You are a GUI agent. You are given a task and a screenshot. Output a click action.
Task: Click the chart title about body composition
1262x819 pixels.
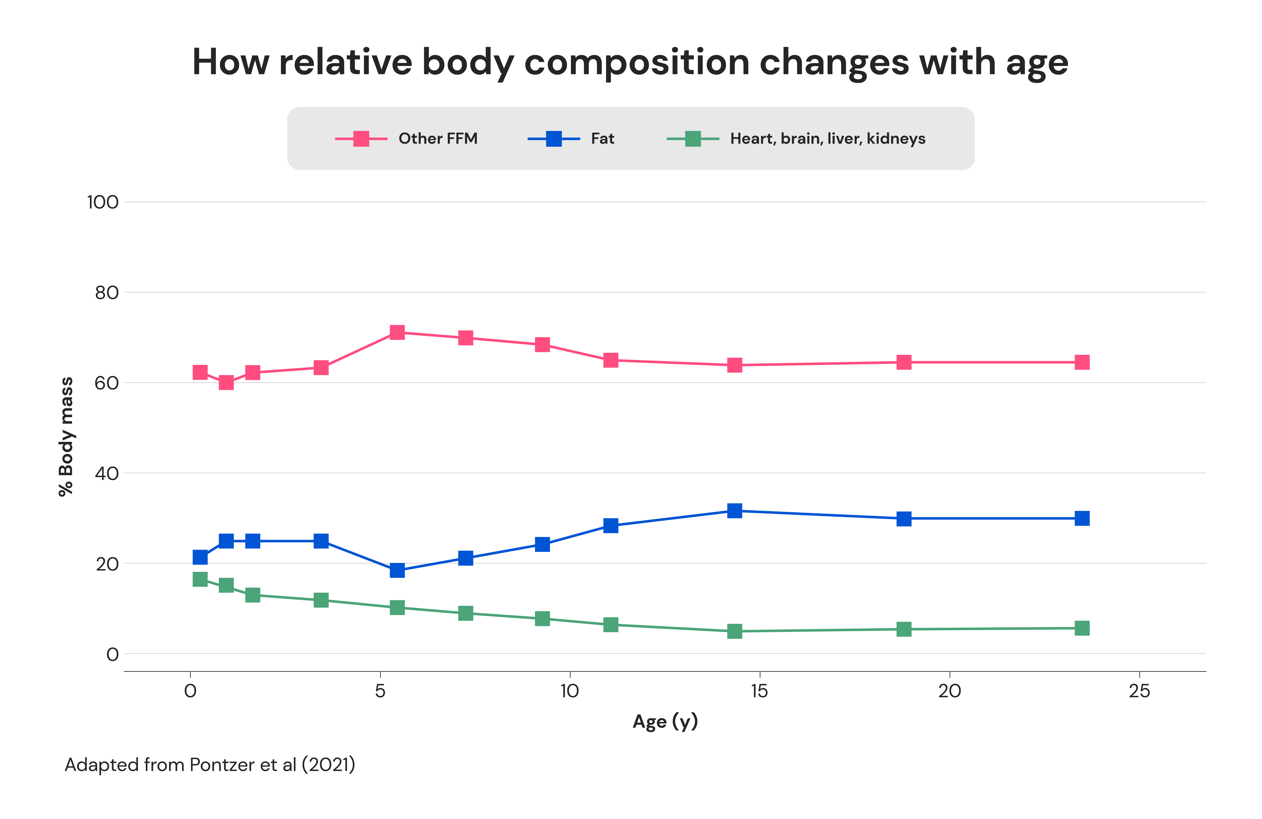coord(630,63)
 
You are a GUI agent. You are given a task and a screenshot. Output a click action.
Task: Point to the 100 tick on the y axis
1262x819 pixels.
coord(103,202)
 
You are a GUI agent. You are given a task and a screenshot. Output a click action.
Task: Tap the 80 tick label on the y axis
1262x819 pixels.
coord(107,293)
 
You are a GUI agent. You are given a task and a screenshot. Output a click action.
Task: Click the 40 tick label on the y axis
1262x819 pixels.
coord(107,473)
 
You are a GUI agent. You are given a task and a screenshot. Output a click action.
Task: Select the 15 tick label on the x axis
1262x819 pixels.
coord(759,691)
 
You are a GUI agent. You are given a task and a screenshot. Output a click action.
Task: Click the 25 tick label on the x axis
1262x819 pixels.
coord(1139,691)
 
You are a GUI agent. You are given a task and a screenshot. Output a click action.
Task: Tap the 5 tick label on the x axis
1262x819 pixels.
coord(380,691)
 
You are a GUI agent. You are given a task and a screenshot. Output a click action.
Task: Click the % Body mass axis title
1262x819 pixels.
coord(66,436)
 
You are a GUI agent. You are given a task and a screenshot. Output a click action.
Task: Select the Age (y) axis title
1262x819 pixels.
coord(665,721)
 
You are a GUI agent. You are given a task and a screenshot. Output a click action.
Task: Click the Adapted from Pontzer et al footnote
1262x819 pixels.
coord(210,765)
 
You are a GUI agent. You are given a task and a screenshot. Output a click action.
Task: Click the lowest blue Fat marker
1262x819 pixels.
coord(397,570)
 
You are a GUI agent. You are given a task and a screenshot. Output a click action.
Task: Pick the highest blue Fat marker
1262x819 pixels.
coord(734,511)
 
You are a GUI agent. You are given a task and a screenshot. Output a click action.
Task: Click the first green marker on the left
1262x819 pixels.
coord(200,579)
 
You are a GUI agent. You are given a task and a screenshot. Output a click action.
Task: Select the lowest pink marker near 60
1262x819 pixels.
coord(226,382)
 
